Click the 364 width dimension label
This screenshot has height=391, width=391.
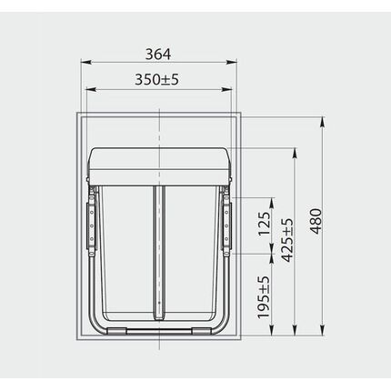coord(158,55)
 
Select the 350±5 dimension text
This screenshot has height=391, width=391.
coord(156,79)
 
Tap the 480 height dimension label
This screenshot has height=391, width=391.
coord(316,221)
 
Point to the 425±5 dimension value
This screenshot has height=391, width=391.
coord(287,240)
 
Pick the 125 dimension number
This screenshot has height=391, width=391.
coord(264,224)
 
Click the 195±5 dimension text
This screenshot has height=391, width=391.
coord(264,297)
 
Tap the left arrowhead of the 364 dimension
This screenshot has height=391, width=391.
coord(85,62)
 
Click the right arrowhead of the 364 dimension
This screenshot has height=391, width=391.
coord(232,62)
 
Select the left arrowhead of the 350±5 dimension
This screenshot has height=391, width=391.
coord(92,89)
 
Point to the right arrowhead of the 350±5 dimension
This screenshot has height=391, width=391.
coord(226,89)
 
